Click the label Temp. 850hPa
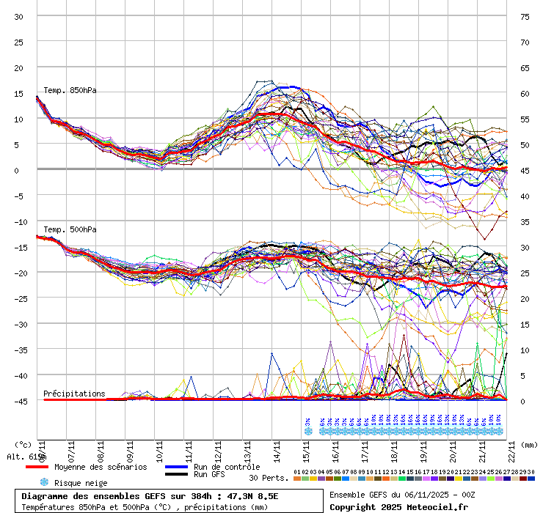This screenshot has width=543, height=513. coord(70,91)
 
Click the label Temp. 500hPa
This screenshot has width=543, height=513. coord(70,230)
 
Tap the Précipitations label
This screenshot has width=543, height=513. coord(74,394)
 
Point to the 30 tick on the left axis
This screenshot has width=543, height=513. coord(19,17)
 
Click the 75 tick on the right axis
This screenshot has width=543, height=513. coord(525,17)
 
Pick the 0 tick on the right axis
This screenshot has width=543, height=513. coord(523,401)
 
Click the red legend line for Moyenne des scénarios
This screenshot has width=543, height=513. coord(47,467)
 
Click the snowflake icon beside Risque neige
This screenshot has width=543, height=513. coord(43,482)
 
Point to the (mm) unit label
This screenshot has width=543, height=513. coord(530,444)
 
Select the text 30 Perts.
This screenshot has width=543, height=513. coord(269,478)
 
